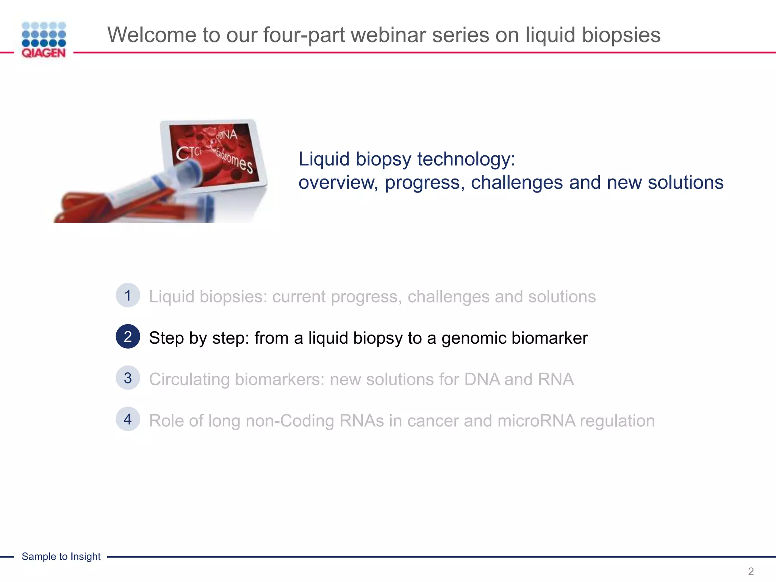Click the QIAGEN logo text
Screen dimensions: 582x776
44,53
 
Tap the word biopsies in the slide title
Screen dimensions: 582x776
621,35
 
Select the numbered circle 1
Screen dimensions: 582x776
128,295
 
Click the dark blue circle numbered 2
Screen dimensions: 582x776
128,336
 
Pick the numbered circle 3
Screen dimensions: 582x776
128,378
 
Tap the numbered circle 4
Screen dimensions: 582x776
128,419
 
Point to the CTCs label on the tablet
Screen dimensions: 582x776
188,153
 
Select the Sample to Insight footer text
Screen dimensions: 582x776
61,556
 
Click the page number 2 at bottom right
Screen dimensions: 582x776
750,571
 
